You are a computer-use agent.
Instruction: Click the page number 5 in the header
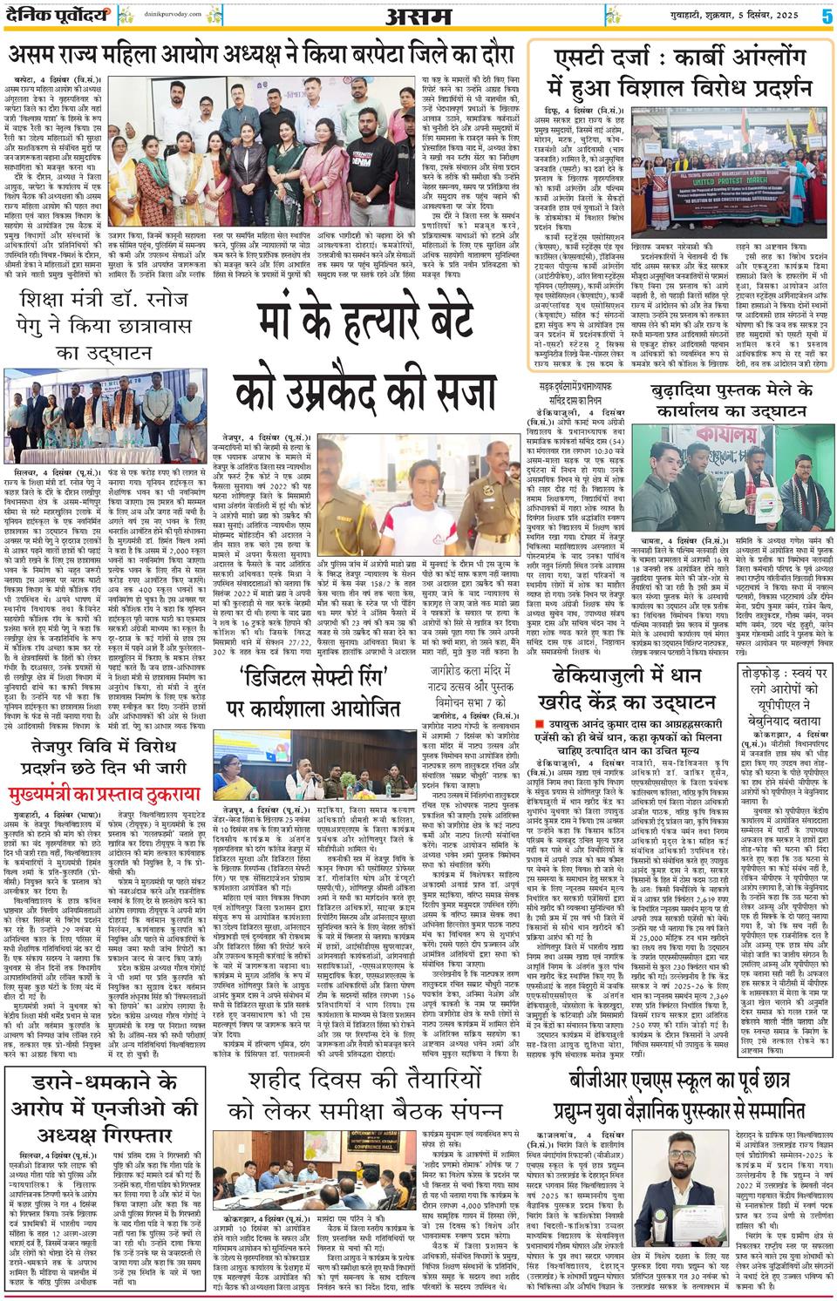[x=825, y=15]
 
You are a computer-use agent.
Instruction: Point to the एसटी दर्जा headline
[x=684, y=73]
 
